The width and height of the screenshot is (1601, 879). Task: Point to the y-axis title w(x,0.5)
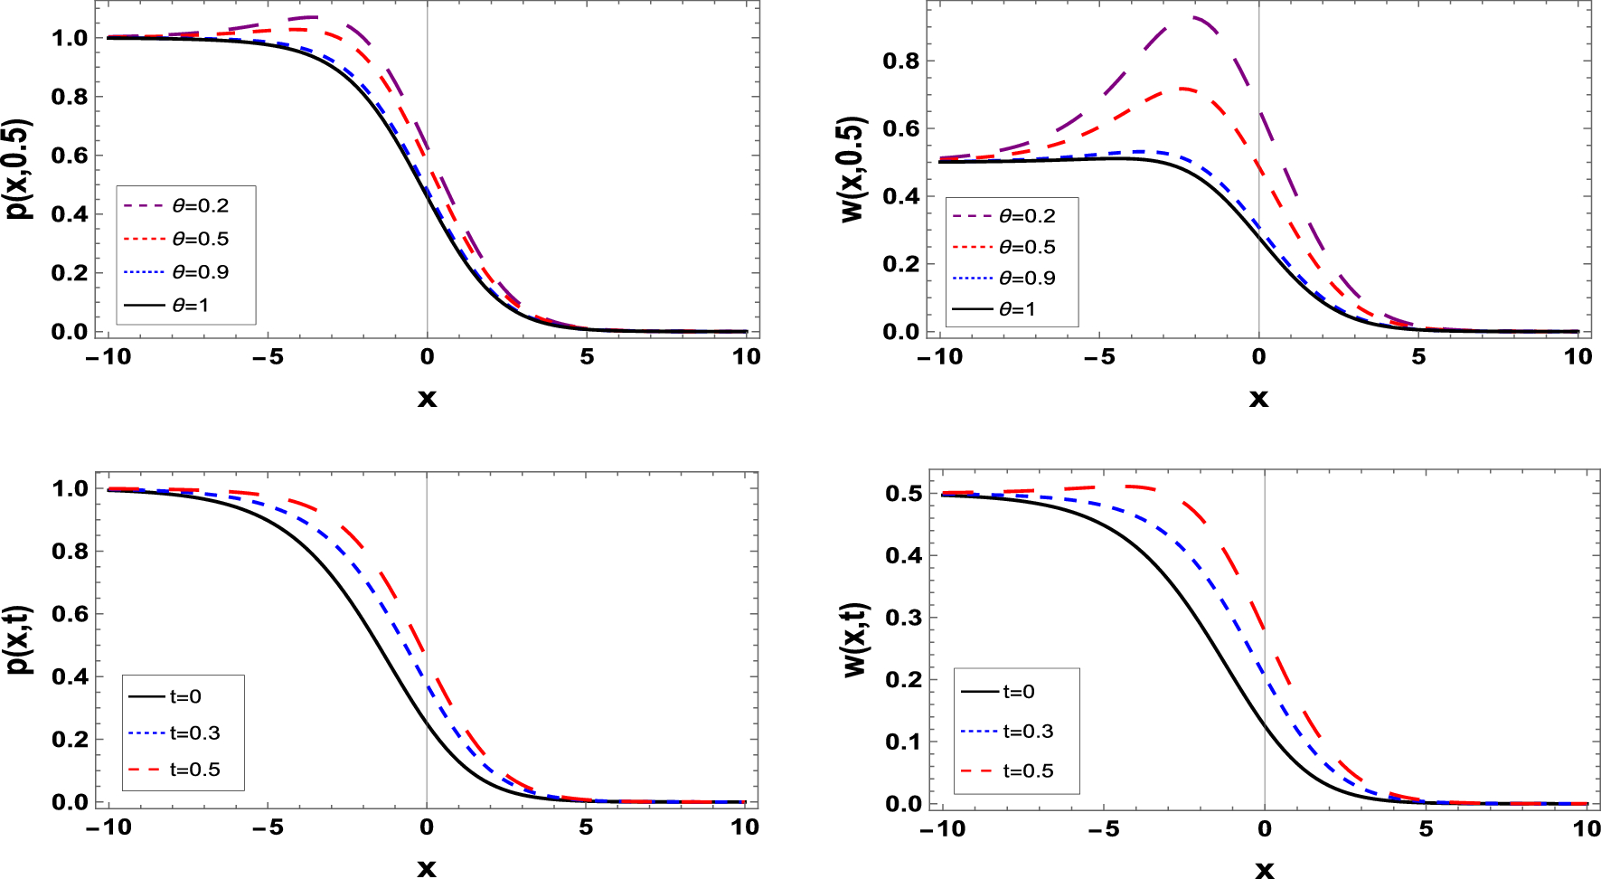(852, 168)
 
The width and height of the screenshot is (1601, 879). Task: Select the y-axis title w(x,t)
(855, 638)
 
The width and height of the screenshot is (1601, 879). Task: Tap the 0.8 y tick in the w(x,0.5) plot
(900, 61)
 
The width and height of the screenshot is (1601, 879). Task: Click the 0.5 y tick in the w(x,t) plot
(904, 493)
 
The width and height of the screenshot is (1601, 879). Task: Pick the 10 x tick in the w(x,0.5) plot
(1577, 357)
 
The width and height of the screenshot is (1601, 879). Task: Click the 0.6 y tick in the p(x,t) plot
(71, 614)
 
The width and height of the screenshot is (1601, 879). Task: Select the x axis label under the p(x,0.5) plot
(427, 399)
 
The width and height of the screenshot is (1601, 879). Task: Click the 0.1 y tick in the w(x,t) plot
(904, 742)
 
